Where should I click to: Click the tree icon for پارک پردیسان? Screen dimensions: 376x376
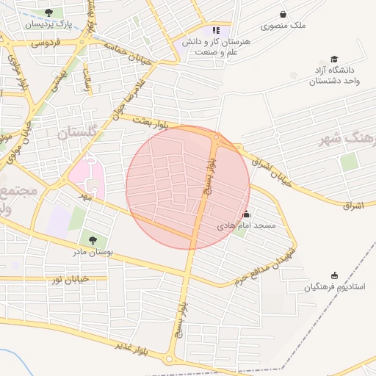pos(48,12)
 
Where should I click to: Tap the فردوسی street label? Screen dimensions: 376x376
pos(48,43)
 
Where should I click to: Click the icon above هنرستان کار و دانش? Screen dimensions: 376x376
pos(216,30)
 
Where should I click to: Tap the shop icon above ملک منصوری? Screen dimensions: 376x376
pos(283,14)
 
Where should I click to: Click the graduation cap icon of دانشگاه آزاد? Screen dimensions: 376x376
pos(335,59)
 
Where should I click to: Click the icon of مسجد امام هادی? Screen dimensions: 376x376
pos(246,214)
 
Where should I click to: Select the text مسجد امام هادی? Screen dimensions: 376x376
pos(246,226)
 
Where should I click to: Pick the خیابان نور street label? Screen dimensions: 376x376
pos(70,279)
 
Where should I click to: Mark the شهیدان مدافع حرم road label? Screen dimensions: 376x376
pos(265,266)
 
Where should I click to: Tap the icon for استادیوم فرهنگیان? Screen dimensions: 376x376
pos(335,275)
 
